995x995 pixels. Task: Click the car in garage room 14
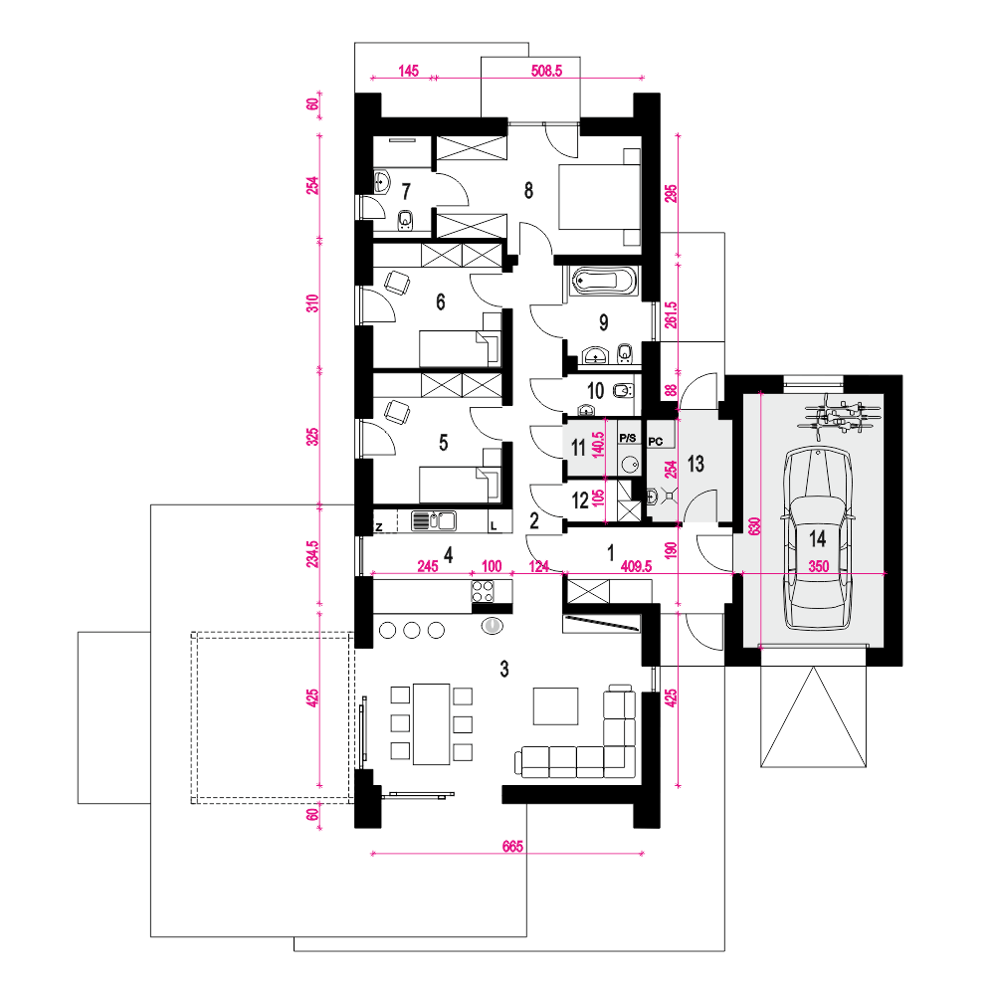pyautogui.click(x=817, y=538)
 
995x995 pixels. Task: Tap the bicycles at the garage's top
pyautogui.click(x=842, y=416)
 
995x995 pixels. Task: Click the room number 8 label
pyautogui.click(x=528, y=190)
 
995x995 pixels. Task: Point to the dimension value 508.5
pyautogui.click(x=546, y=71)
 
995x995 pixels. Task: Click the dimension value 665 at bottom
pyautogui.click(x=512, y=846)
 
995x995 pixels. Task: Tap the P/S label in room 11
pyautogui.click(x=628, y=438)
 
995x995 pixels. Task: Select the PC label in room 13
pyautogui.click(x=656, y=441)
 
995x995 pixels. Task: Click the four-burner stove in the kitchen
pyautogui.click(x=483, y=591)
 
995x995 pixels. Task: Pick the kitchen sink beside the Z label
pyautogui.click(x=434, y=521)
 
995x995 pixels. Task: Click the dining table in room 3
pyautogui.click(x=432, y=723)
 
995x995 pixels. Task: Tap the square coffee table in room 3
pyautogui.click(x=556, y=705)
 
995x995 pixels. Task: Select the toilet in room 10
pyautogui.click(x=623, y=390)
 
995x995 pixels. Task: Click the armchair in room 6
pyautogui.click(x=397, y=283)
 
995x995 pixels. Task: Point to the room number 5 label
pyautogui.click(x=444, y=443)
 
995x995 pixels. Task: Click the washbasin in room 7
pyautogui.click(x=381, y=181)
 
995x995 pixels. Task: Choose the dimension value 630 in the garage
pyautogui.click(x=754, y=526)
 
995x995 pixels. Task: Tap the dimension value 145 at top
pyautogui.click(x=408, y=71)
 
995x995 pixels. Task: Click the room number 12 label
pyautogui.click(x=580, y=500)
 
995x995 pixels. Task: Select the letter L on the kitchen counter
pyautogui.click(x=494, y=526)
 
